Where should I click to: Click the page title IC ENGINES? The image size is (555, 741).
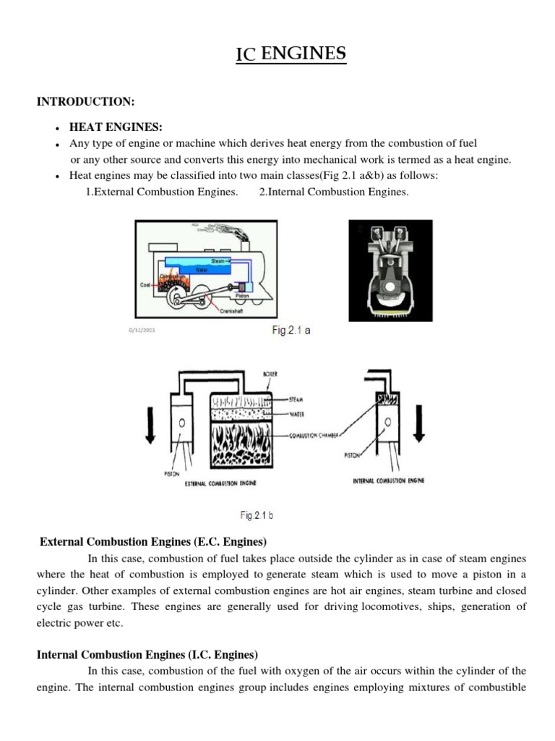(x=291, y=54)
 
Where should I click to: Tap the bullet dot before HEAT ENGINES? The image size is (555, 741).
(x=56, y=127)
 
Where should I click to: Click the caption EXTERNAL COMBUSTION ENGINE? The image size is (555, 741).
(x=225, y=481)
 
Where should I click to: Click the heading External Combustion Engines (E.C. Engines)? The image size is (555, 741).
(x=153, y=541)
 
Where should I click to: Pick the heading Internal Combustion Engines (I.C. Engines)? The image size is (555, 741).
(x=147, y=655)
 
